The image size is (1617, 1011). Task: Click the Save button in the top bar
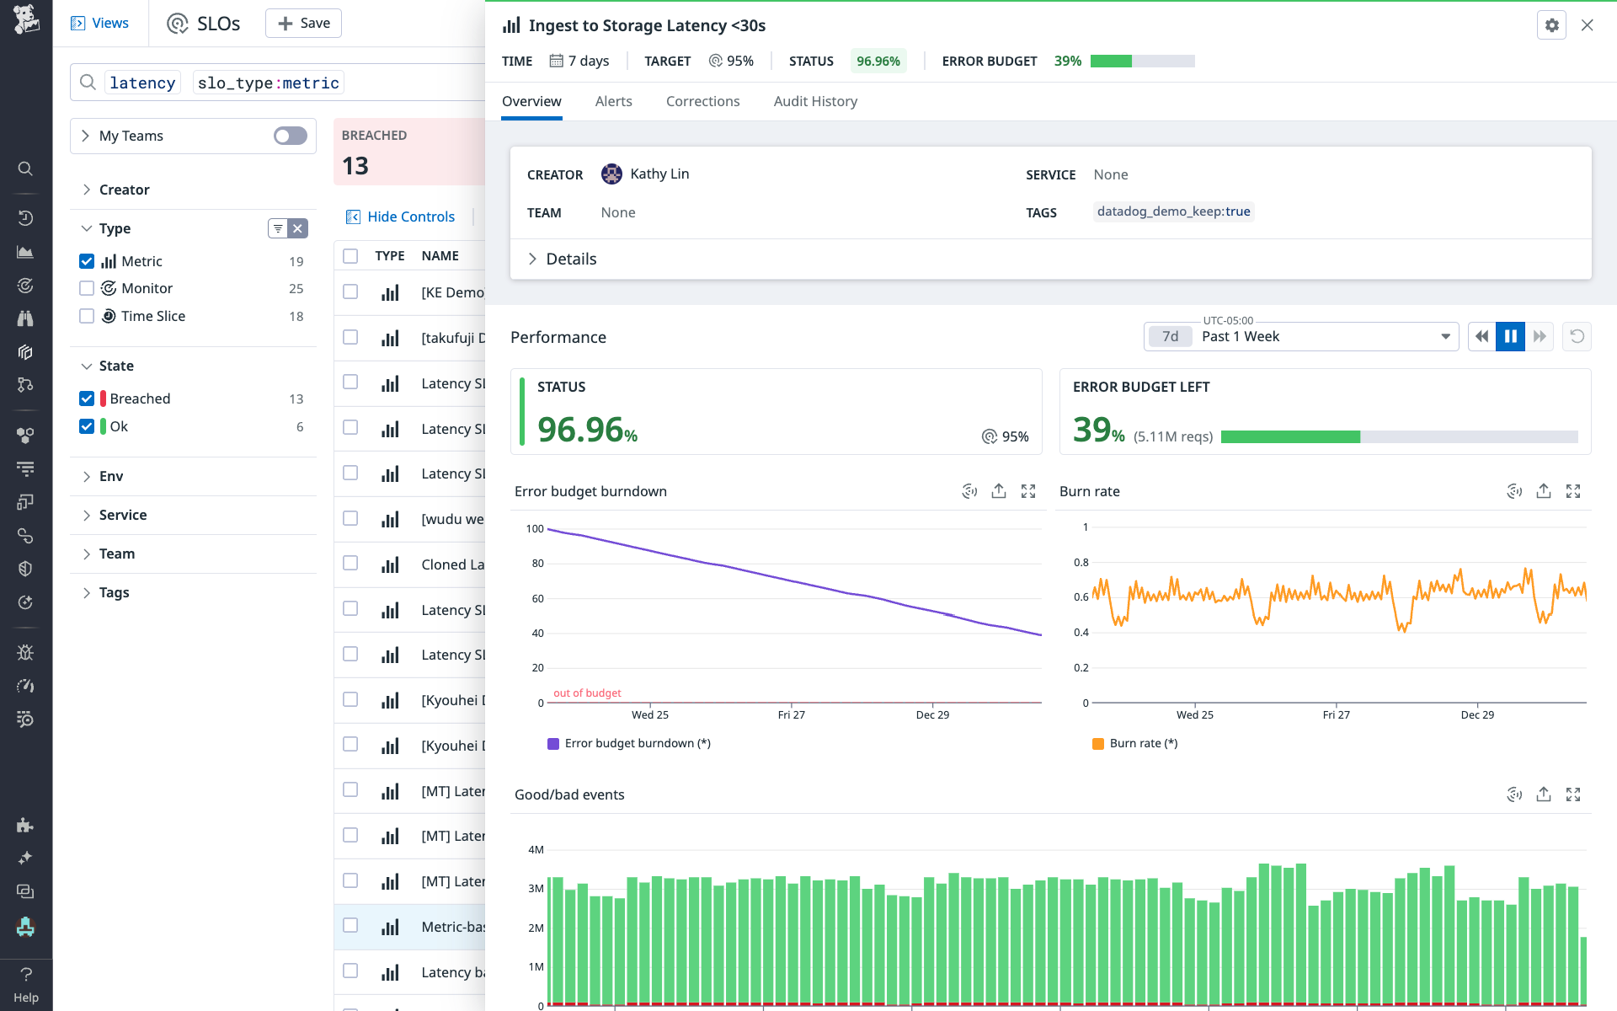click(303, 24)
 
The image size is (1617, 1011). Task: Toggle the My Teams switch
click(290, 136)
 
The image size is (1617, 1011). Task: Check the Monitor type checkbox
click(87, 288)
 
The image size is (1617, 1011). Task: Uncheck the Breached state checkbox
click(87, 399)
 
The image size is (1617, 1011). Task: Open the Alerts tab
click(613, 101)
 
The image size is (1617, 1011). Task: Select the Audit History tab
click(814, 101)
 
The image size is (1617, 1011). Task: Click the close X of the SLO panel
click(1587, 25)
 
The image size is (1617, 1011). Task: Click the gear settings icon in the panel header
click(1551, 25)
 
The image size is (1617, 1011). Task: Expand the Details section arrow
click(532, 259)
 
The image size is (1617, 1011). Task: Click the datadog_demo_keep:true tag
click(1173, 211)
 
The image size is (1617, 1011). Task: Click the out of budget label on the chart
click(587, 693)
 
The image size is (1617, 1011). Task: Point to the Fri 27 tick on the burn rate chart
click(1336, 714)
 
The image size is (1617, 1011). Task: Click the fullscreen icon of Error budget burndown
click(1028, 491)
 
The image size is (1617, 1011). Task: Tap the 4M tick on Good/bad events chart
click(536, 849)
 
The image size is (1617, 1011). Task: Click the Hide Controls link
click(410, 217)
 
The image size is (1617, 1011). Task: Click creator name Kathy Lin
click(659, 174)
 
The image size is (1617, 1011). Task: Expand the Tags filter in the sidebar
click(114, 592)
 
